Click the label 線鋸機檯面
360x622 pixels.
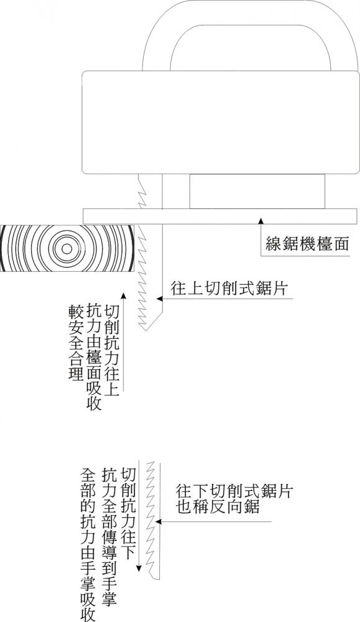coord(307,244)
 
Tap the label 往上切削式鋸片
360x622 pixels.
coord(228,289)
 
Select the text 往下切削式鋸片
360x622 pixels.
coord(234,491)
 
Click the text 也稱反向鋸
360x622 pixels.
coord(218,508)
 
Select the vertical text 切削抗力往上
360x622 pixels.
coord(111,350)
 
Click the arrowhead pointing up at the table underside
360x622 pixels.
coord(261,220)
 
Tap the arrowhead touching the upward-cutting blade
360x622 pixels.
coord(160,297)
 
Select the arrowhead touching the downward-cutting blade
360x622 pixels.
coord(159,521)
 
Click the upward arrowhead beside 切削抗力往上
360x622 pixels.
coord(124,296)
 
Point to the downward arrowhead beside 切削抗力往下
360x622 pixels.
coord(139,568)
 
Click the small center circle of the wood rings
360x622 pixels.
coord(67,249)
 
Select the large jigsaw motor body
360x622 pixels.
coord(221,122)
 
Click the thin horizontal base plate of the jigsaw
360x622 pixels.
coord(220,216)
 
